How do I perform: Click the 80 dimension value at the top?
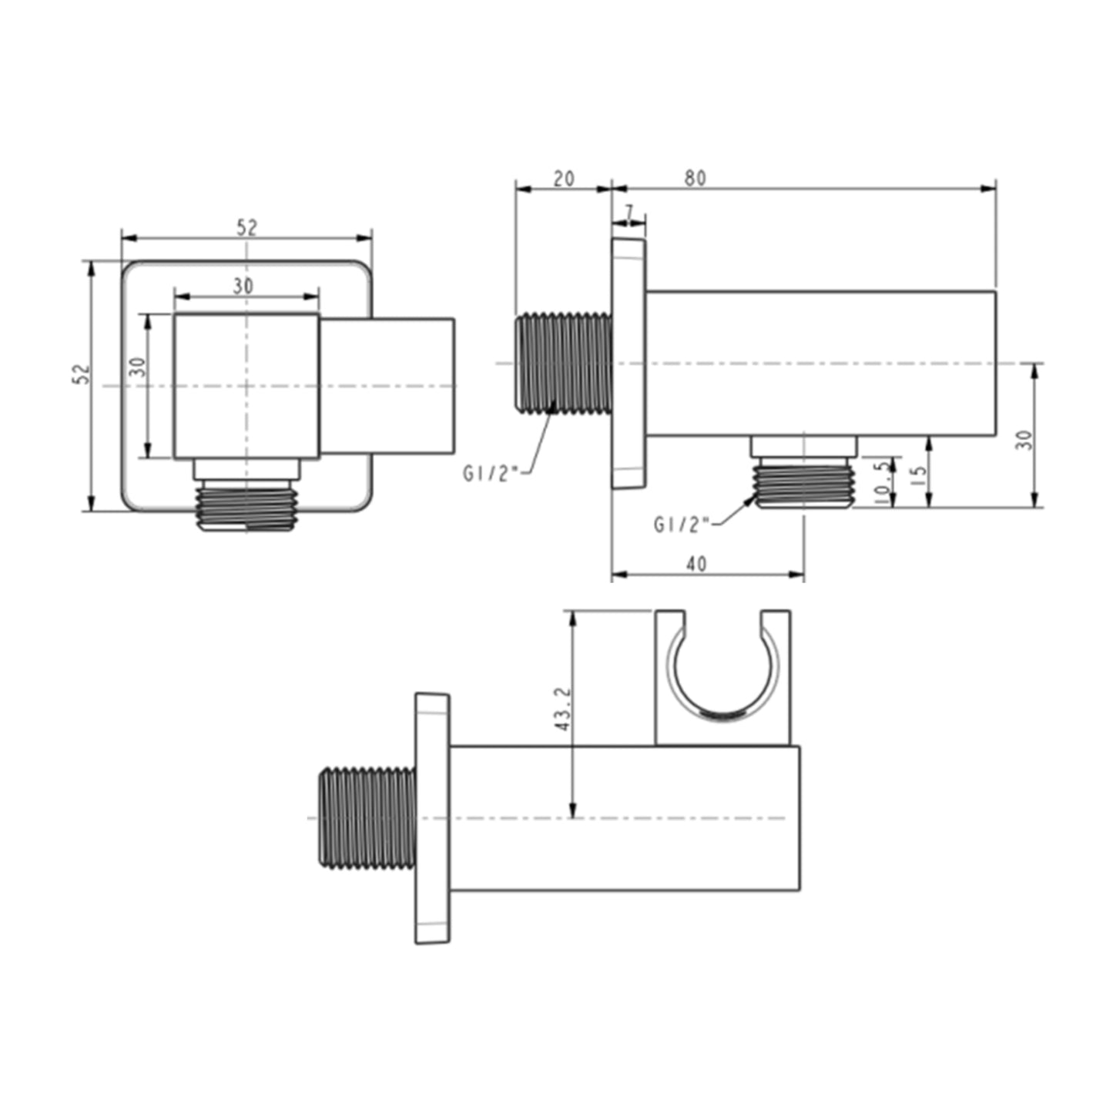[x=695, y=177]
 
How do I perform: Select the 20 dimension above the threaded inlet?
[x=564, y=178]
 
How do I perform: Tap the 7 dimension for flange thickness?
[x=629, y=212]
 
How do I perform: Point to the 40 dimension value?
[x=696, y=564]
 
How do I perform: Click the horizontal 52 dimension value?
[x=246, y=227]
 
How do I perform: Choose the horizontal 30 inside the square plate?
[x=243, y=286]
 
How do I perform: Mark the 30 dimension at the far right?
[x=1023, y=440]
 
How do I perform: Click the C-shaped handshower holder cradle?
[x=722, y=678]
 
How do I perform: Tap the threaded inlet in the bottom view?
[x=367, y=817]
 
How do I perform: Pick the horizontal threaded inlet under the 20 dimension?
[x=563, y=362]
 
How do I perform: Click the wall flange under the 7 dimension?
[x=629, y=363]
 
